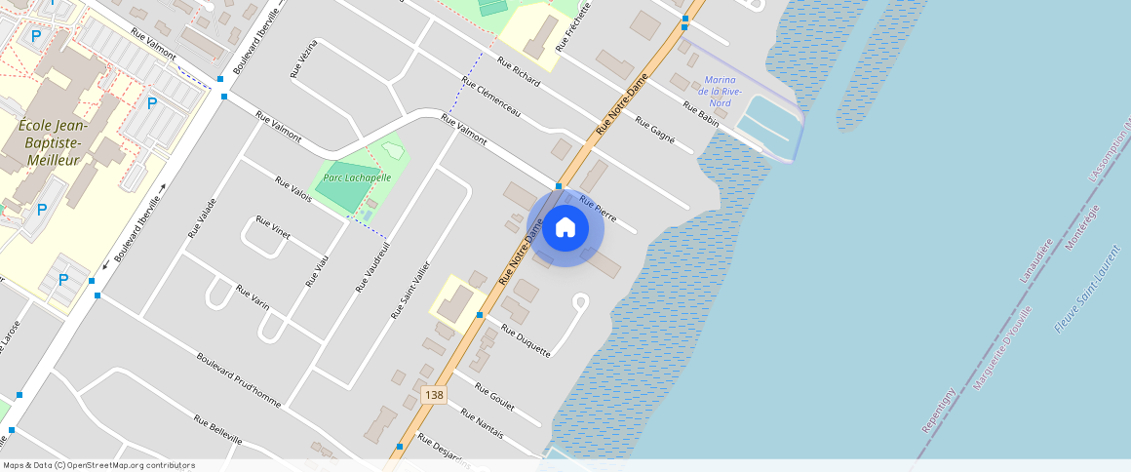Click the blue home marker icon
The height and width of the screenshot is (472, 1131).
point(565,228)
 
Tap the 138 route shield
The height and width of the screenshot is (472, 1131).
point(434,394)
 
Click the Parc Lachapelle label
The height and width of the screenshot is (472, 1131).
point(358,177)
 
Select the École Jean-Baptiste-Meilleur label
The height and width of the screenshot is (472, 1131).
point(55,142)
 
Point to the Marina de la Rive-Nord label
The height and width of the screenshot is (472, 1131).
point(721,91)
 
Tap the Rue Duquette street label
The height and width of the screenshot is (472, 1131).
point(526,340)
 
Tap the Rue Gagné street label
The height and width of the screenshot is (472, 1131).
point(655,130)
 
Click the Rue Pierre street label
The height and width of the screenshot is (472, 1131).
point(598,209)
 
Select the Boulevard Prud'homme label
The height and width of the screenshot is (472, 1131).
point(238,380)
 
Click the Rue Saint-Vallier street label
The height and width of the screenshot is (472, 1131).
point(410,290)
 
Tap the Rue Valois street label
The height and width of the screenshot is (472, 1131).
point(293,189)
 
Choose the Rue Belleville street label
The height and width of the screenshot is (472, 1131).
point(217,430)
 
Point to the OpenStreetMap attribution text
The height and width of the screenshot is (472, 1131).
point(98,465)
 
